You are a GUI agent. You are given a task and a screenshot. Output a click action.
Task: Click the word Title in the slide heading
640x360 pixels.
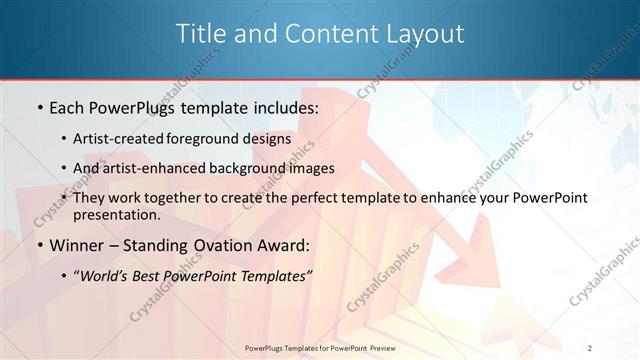[x=199, y=33]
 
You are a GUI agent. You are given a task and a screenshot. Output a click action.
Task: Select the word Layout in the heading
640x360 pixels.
[x=425, y=33]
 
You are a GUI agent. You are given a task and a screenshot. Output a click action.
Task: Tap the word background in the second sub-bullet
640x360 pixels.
[x=240, y=168]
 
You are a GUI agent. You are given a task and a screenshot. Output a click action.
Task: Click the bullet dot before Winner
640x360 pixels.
[x=38, y=245]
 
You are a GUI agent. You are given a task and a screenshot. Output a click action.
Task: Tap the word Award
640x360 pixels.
[x=284, y=245]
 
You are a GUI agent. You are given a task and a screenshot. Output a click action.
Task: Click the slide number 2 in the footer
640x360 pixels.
[x=590, y=348]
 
